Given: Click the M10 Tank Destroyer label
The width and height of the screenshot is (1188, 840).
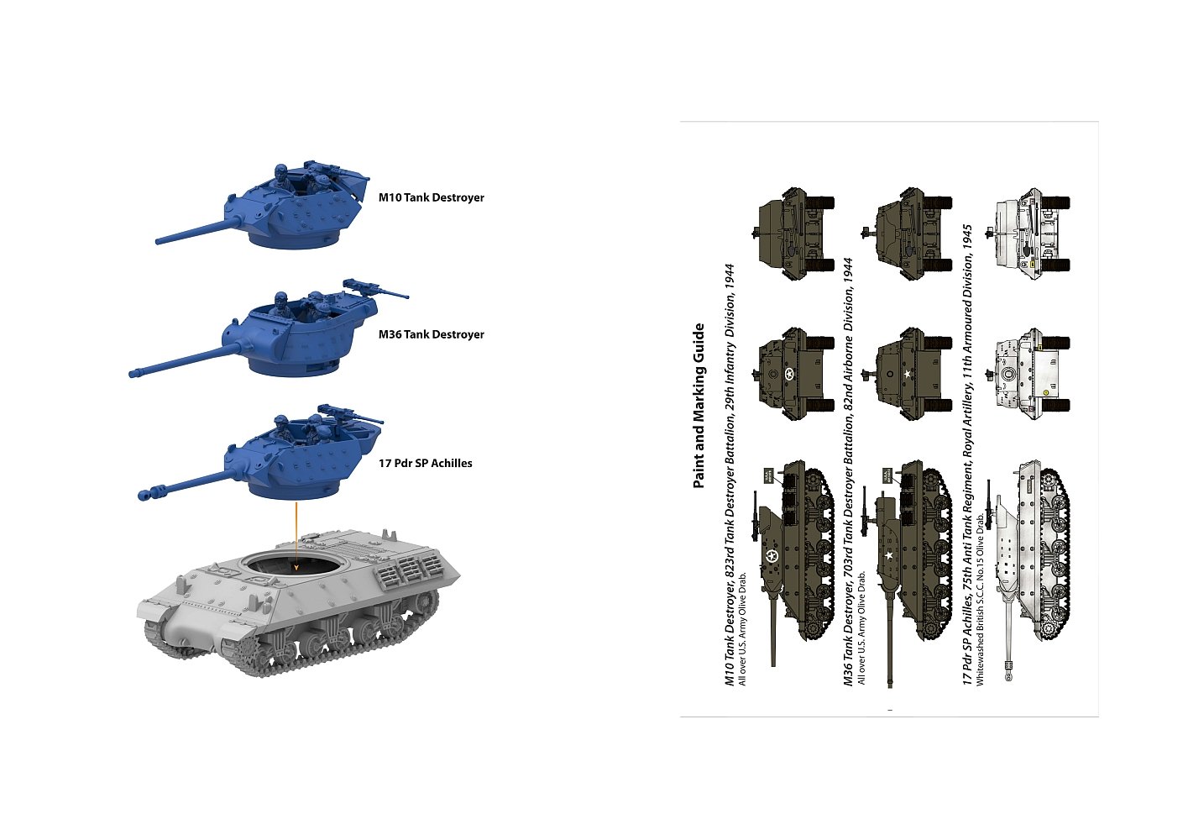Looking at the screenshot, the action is (x=431, y=197).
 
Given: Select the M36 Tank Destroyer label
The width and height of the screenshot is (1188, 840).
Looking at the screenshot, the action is (x=431, y=334).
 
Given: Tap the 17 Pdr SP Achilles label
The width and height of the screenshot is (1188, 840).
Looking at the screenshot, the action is (x=425, y=463).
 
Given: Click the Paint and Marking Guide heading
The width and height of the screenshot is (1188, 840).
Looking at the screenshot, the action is (x=699, y=406).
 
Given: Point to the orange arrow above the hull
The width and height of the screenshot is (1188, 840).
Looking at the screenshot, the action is (x=296, y=537).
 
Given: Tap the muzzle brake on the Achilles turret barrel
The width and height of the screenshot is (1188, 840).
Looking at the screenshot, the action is (x=149, y=492).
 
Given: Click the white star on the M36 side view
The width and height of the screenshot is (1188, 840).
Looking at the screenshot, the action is (x=889, y=556).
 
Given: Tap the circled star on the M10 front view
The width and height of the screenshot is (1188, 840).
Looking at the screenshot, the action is (x=789, y=375).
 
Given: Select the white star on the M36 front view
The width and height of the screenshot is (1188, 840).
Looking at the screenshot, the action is (x=908, y=374).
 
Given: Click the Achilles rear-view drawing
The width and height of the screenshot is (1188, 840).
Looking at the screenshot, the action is (x=1028, y=234).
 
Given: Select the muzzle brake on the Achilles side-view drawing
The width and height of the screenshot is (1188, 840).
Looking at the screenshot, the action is (x=1008, y=670).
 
